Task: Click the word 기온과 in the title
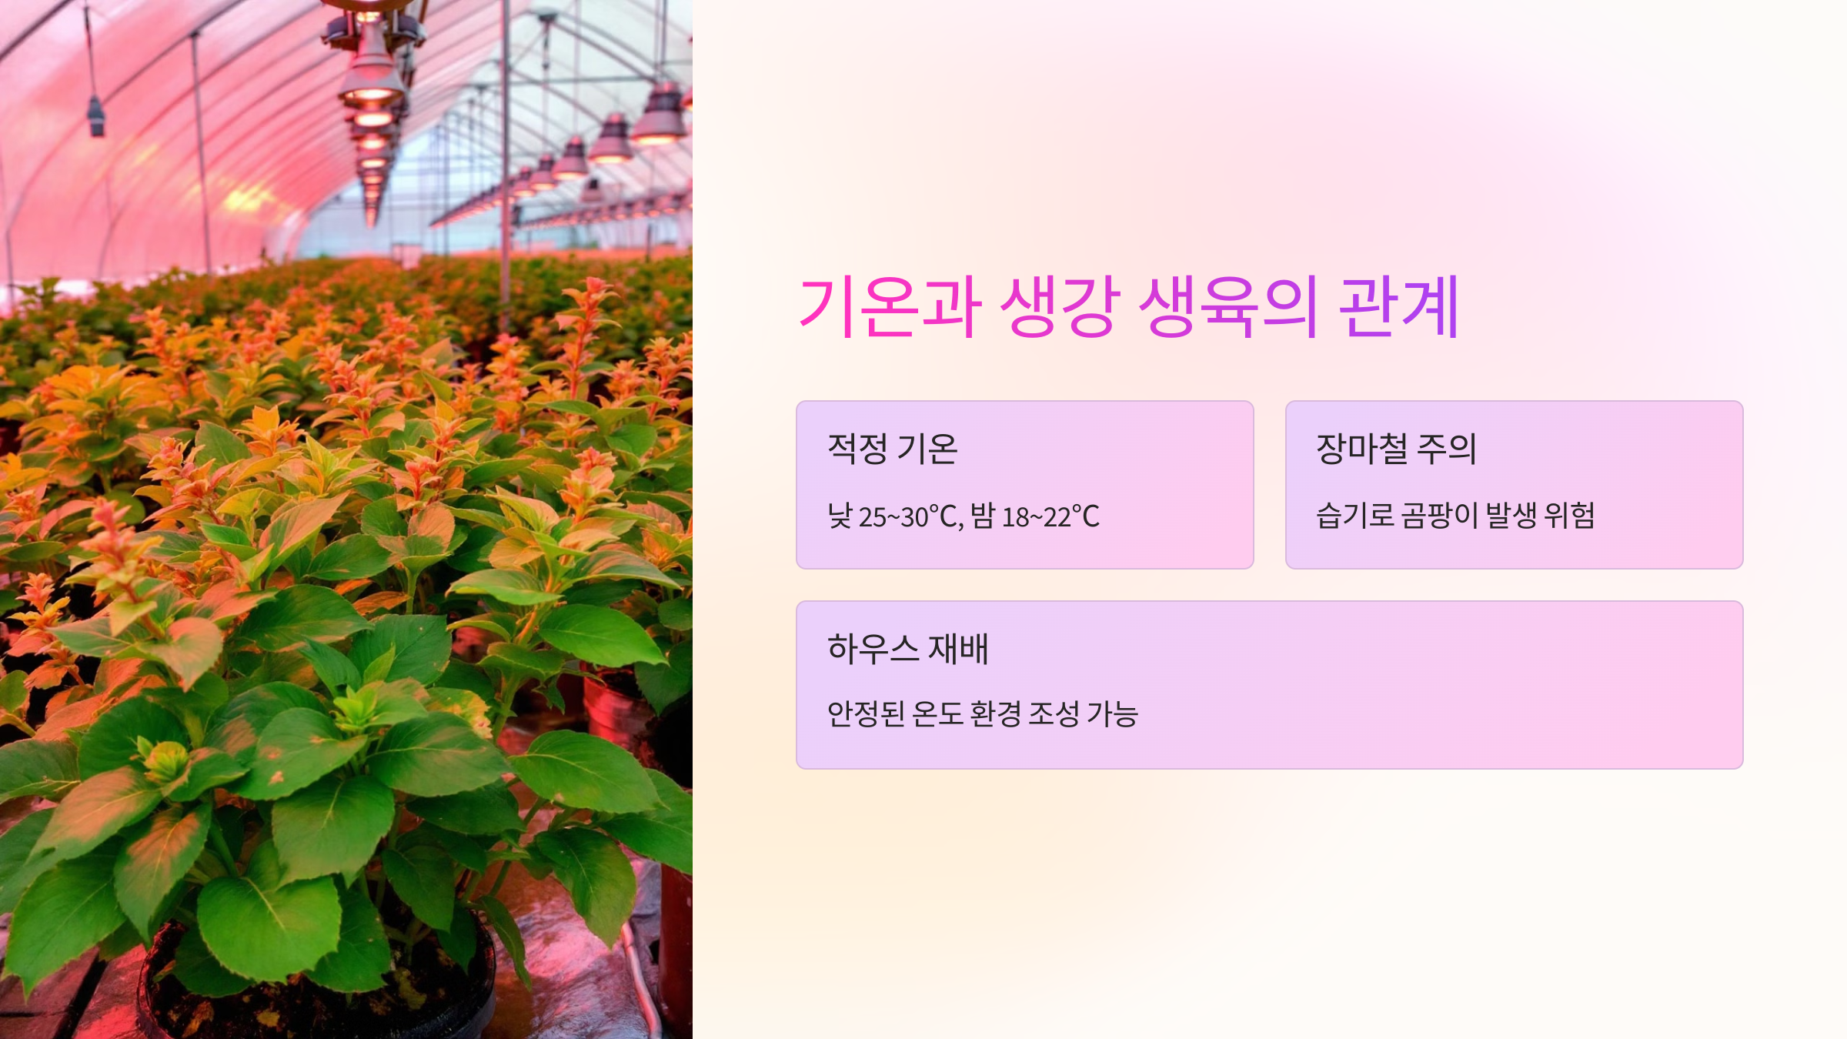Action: (890, 307)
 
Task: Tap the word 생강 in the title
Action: (1060, 307)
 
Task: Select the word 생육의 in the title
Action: (1228, 307)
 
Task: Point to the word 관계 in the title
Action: (1398, 307)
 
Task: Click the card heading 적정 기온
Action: (892, 449)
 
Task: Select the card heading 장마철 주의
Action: (1396, 449)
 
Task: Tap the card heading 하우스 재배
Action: (907, 649)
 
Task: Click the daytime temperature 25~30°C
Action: (910, 516)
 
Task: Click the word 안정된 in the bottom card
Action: (865, 714)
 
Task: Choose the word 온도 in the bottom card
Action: (937, 714)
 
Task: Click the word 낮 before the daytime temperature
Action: (840, 516)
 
